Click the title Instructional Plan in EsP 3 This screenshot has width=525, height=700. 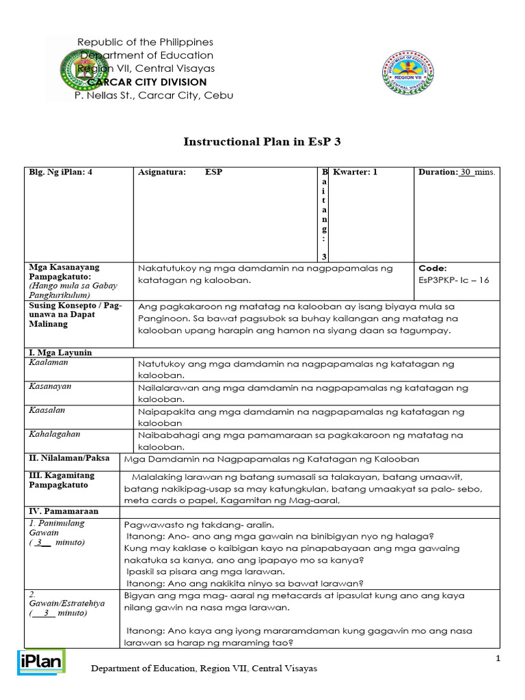click(262, 142)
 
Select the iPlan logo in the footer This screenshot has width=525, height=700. click(40, 662)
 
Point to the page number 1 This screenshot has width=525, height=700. click(498, 658)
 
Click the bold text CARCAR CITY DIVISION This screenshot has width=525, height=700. click(146, 82)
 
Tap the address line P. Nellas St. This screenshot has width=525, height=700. click(153, 96)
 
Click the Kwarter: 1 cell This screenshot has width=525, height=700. click(355, 172)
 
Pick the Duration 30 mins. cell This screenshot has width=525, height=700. click(456, 172)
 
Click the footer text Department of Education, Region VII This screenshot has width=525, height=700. click(204, 668)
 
